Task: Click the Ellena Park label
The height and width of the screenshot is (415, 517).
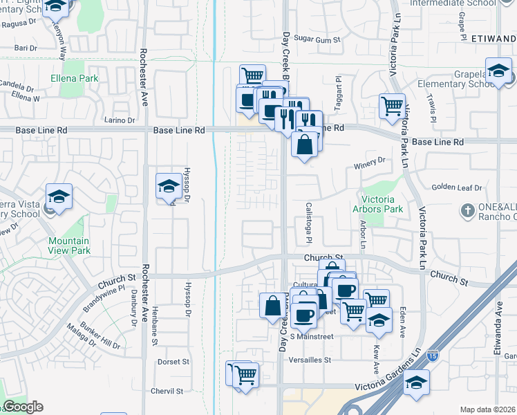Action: point(74,78)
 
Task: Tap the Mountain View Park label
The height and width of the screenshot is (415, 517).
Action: point(69,246)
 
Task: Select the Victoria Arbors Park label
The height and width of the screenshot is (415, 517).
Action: point(377,203)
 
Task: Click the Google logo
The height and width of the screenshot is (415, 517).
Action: point(23,407)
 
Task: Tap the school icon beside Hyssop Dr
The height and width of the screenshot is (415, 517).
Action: point(168,186)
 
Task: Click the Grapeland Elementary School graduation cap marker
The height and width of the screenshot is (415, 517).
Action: point(497,70)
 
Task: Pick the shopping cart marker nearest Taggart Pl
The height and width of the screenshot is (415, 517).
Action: point(392,106)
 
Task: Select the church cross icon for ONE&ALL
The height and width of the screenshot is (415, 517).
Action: point(467,209)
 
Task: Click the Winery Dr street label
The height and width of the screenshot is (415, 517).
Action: point(368,163)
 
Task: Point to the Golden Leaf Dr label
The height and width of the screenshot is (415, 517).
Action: point(455,187)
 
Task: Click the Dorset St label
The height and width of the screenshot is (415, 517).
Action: point(173,361)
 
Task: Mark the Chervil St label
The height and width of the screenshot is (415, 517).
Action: point(169,391)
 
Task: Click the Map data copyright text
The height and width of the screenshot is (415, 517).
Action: point(488,409)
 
